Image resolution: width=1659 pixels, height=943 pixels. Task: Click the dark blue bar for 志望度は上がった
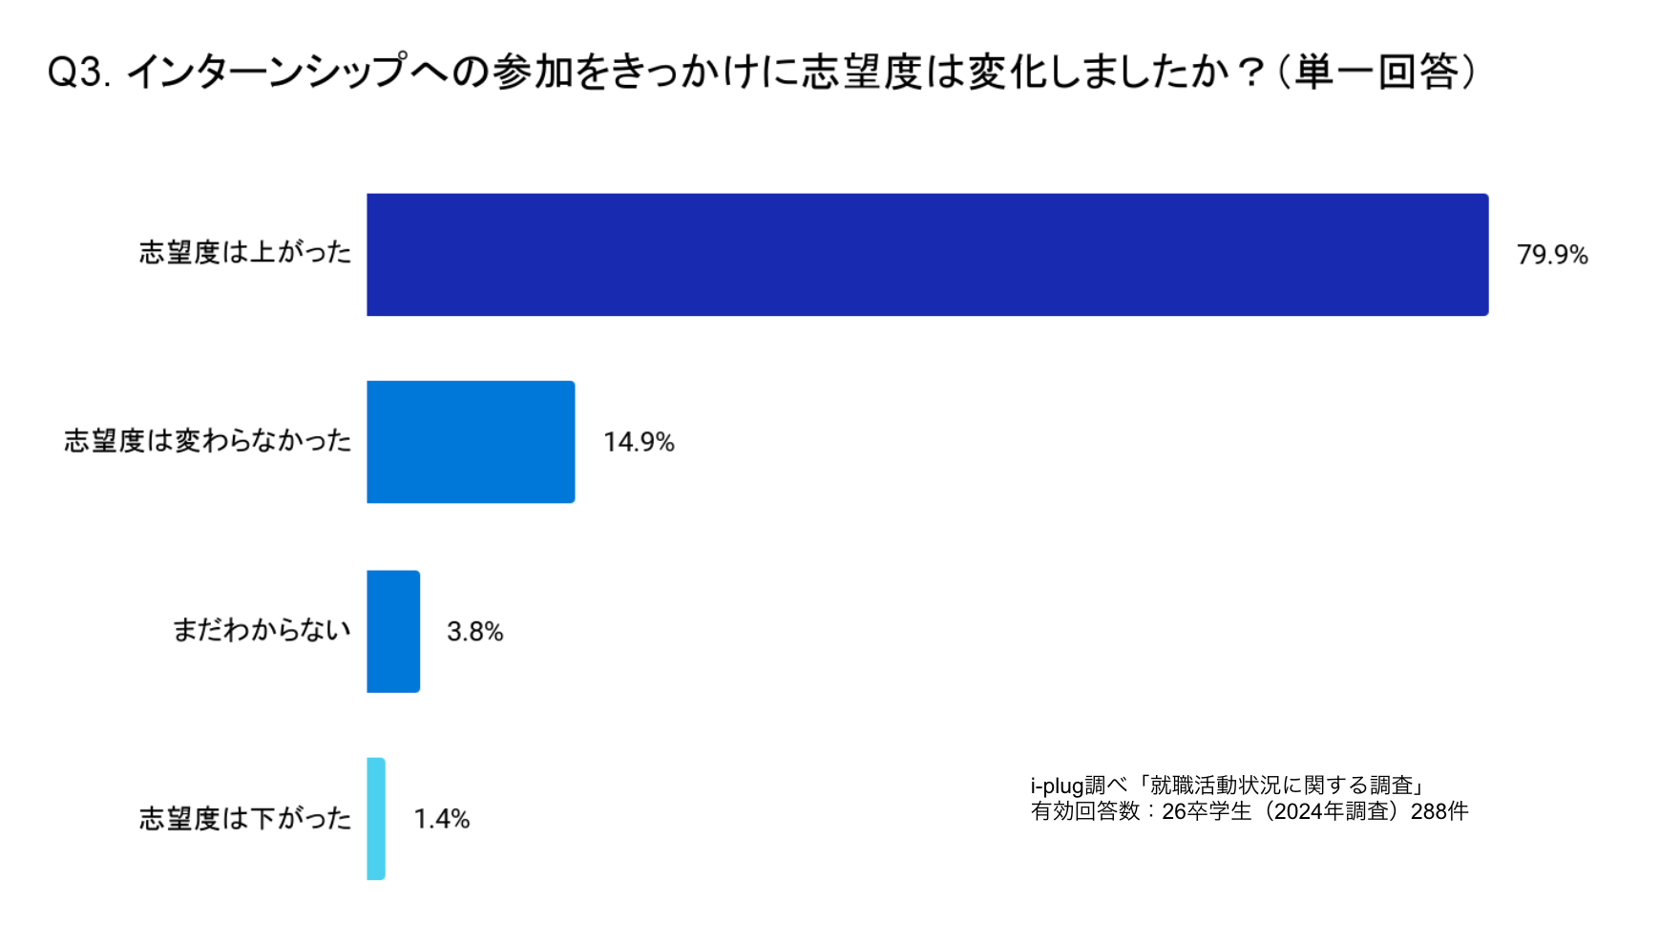[x=927, y=255]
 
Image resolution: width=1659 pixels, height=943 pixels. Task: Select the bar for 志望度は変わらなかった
[x=471, y=442]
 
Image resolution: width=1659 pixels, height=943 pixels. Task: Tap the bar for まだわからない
[x=393, y=631]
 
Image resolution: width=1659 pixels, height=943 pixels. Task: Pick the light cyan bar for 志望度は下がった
[x=376, y=818]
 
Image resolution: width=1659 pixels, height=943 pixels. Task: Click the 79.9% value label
[x=1552, y=255]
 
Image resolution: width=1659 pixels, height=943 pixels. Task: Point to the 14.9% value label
[x=639, y=442]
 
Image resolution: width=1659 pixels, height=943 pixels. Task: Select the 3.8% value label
[x=474, y=632]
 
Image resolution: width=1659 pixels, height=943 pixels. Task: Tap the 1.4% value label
[x=441, y=819]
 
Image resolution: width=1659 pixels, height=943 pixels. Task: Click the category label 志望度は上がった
[x=245, y=252]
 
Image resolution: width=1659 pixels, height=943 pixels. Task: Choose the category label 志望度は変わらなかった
[x=208, y=441]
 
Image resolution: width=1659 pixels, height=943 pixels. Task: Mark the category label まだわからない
[x=262, y=630]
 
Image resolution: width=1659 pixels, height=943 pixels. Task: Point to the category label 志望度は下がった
[x=245, y=818]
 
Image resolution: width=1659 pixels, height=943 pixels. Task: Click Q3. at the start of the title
[x=79, y=73]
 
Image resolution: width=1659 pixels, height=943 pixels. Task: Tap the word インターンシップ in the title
[x=267, y=73]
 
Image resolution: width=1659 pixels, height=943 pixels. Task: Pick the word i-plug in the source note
[x=1057, y=786]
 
